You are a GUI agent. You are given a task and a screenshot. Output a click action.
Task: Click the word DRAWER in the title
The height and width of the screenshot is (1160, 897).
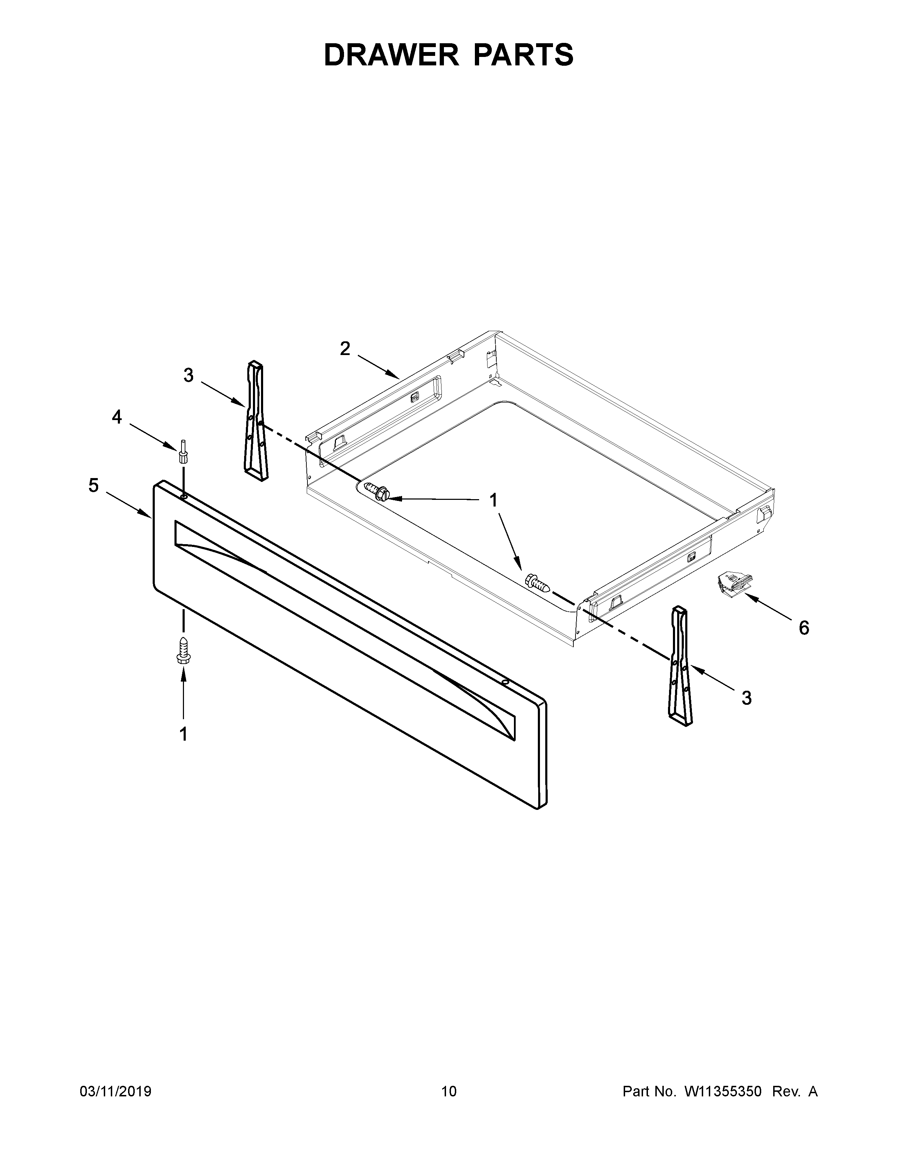pyautogui.click(x=392, y=55)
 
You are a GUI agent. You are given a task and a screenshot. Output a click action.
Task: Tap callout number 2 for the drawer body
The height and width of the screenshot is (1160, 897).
pyautogui.click(x=345, y=349)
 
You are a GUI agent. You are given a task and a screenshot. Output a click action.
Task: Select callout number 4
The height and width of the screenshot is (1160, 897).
pyautogui.click(x=116, y=417)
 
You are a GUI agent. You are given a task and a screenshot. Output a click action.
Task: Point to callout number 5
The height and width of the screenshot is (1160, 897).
pyautogui.click(x=94, y=485)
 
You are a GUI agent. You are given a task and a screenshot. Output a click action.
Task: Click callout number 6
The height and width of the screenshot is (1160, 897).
pyautogui.click(x=804, y=629)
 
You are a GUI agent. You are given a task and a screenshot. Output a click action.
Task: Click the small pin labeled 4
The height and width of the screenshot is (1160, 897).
pyautogui.click(x=183, y=451)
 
